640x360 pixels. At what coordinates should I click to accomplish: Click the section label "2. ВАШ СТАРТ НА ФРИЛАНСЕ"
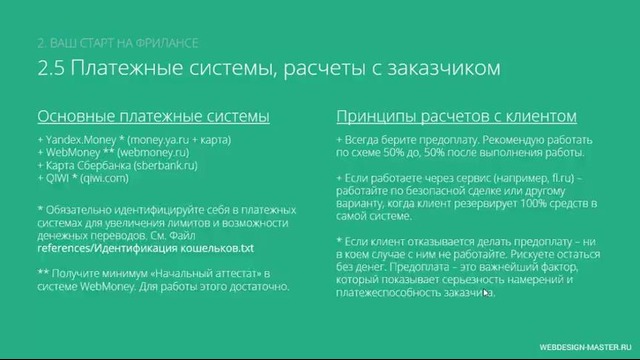[x=117, y=43]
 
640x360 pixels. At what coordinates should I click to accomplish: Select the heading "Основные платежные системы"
[x=153, y=116]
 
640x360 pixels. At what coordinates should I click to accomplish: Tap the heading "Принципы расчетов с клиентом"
[x=456, y=116]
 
